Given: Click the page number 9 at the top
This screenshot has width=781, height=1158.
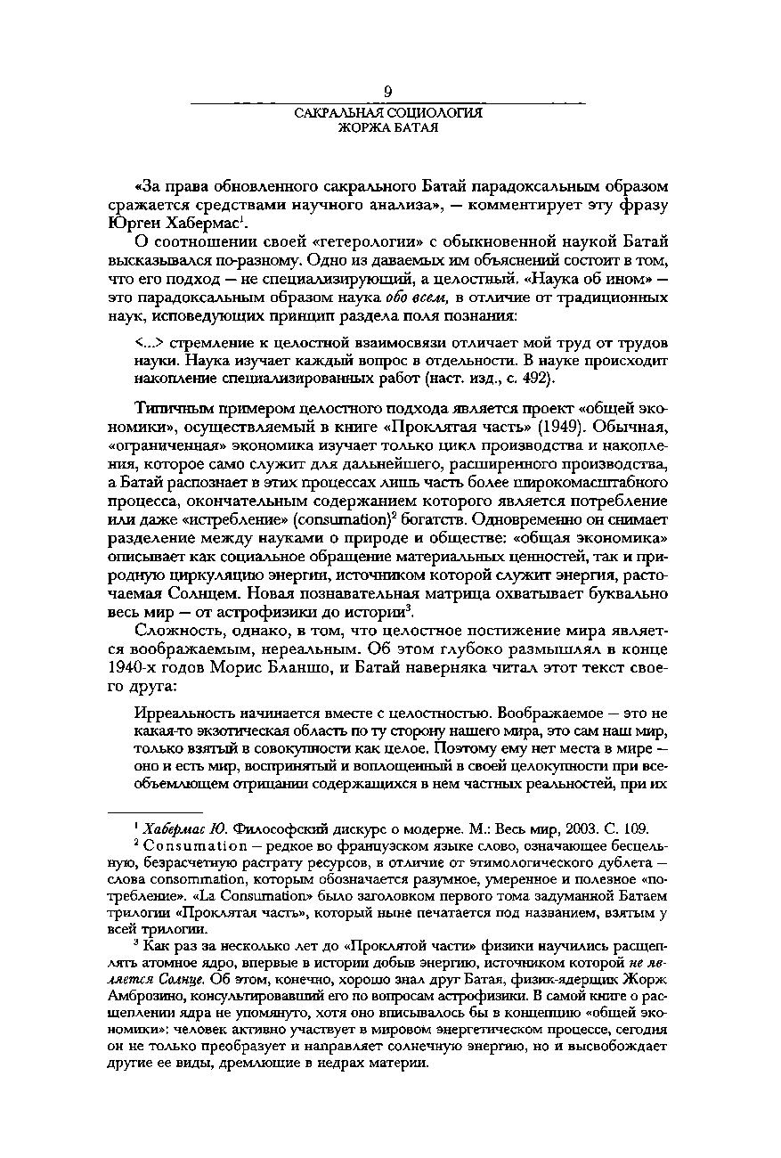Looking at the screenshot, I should click(388, 90).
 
